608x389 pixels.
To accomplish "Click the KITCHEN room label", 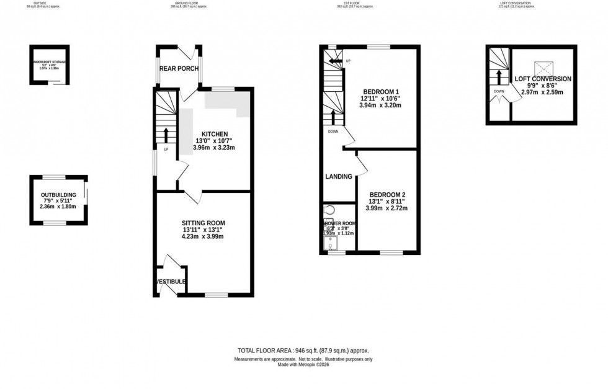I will point(214,134).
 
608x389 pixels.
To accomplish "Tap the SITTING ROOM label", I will point(203,223).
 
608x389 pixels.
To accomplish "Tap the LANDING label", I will point(339,177).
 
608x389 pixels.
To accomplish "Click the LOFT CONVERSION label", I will point(543,79).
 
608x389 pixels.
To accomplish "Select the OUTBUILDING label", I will point(58,194).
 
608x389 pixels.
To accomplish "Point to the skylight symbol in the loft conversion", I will point(543,67).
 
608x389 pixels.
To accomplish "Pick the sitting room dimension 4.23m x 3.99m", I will point(203,236).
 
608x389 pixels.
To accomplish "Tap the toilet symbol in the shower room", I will point(328,210).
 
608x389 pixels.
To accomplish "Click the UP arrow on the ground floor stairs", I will point(166,133).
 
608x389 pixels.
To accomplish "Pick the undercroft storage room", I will point(50,65).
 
